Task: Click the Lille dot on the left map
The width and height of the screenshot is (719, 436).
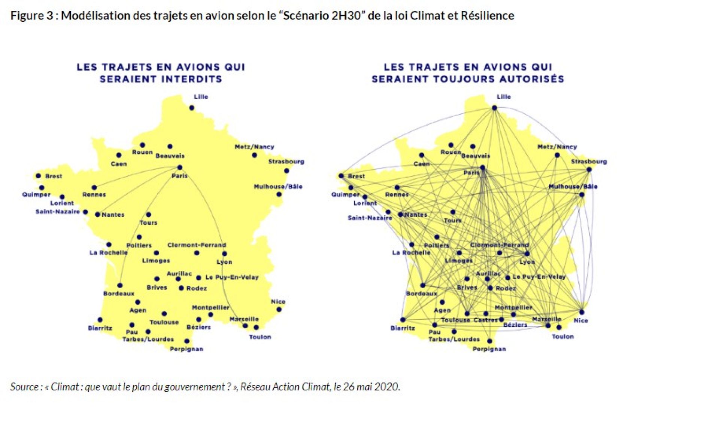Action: [192, 108]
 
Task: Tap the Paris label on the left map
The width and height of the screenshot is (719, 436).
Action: [180, 176]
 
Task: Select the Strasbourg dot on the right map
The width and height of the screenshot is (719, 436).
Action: [589, 170]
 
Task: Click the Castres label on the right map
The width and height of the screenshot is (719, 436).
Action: [485, 320]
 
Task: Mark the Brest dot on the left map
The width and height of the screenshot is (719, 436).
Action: [38, 176]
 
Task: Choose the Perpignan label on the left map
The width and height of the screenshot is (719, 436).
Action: [186, 349]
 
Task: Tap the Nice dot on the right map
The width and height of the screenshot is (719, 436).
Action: [582, 312]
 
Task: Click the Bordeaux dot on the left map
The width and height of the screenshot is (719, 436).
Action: [120, 285]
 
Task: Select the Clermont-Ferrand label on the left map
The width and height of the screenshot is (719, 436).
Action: [197, 245]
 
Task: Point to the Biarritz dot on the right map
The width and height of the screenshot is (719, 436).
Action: [403, 320]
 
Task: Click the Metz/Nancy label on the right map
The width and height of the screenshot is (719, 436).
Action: [557, 147]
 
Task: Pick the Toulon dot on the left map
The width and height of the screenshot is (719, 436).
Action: [256, 328]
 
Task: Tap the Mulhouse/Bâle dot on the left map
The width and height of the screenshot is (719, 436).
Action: [279, 194]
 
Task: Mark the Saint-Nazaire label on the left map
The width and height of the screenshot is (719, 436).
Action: [58, 212]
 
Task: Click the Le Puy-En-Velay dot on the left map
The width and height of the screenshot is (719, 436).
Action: [198, 277]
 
